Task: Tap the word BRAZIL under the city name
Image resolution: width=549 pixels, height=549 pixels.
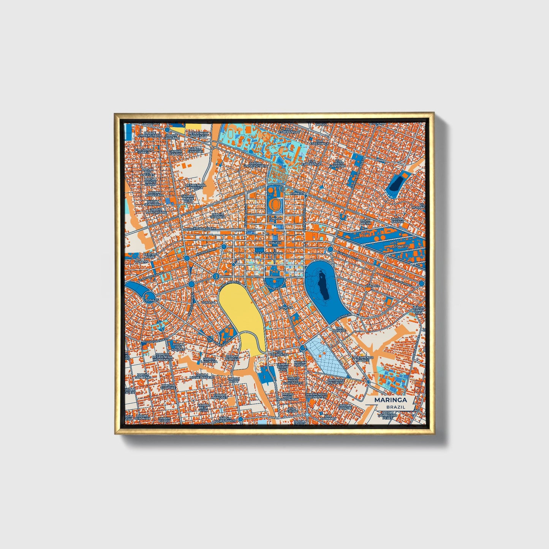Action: click(x=396, y=407)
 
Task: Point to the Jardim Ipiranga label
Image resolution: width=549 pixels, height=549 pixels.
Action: click(x=218, y=216)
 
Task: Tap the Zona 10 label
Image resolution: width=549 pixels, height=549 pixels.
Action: click(x=400, y=246)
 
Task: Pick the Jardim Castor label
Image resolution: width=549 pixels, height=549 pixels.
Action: click(x=397, y=220)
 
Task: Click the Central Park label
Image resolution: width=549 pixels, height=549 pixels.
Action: click(x=150, y=256)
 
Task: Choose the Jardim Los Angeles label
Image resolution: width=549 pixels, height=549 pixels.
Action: click(x=147, y=172)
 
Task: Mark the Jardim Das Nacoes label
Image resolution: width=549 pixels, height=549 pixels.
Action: click(x=178, y=347)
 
